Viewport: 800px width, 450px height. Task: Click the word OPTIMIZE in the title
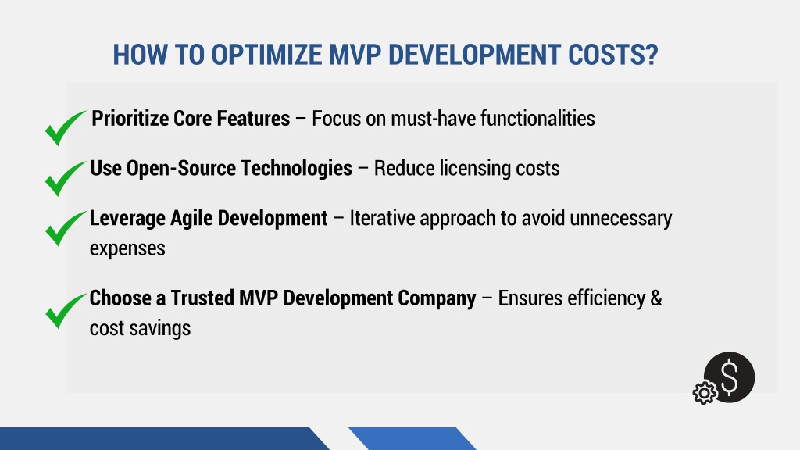pyautogui.click(x=267, y=55)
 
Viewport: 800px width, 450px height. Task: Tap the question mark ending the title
pyautogui.click(x=652, y=55)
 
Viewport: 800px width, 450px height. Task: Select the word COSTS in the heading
pyautogui.click(x=606, y=55)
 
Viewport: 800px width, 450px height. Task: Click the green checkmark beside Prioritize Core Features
pyautogui.click(x=66, y=127)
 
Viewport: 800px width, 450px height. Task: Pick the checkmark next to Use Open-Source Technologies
pyautogui.click(x=66, y=178)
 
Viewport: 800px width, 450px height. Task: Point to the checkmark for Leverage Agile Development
pyautogui.click(x=66, y=228)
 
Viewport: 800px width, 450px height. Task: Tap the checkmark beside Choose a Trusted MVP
pyautogui.click(x=66, y=311)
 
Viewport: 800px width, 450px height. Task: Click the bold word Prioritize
pyautogui.click(x=130, y=119)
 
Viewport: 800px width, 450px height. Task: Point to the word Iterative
pyautogui.click(x=381, y=219)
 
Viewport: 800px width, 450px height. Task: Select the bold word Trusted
pyautogui.click(x=202, y=298)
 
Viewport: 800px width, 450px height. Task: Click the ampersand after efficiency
pyautogui.click(x=656, y=298)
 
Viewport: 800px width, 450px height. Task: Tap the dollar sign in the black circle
pyautogui.click(x=730, y=377)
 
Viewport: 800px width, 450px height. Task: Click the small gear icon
pyautogui.click(x=705, y=393)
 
